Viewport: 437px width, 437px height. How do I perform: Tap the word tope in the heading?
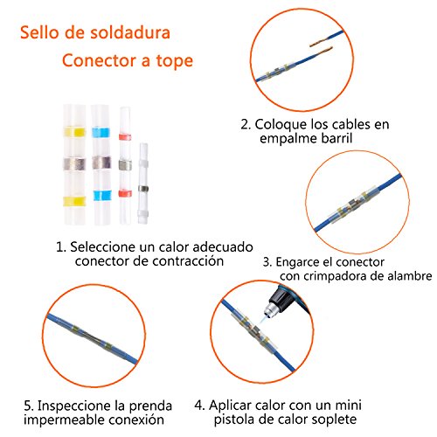175,61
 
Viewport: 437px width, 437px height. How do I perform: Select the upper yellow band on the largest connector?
74,132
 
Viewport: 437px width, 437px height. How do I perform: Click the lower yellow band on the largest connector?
74,201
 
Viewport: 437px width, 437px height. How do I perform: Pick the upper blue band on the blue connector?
101,133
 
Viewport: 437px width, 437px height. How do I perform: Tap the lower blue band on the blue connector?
102,196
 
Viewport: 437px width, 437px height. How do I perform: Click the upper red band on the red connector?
125,137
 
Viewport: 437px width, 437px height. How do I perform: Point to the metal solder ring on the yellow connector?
74,164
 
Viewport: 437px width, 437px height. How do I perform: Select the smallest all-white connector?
143,184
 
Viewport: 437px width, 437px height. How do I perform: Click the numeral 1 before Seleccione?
59,247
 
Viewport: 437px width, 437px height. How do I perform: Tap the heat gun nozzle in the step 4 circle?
269,309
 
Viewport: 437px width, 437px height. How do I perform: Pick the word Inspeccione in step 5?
74,406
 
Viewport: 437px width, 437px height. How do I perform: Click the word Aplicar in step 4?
230,406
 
